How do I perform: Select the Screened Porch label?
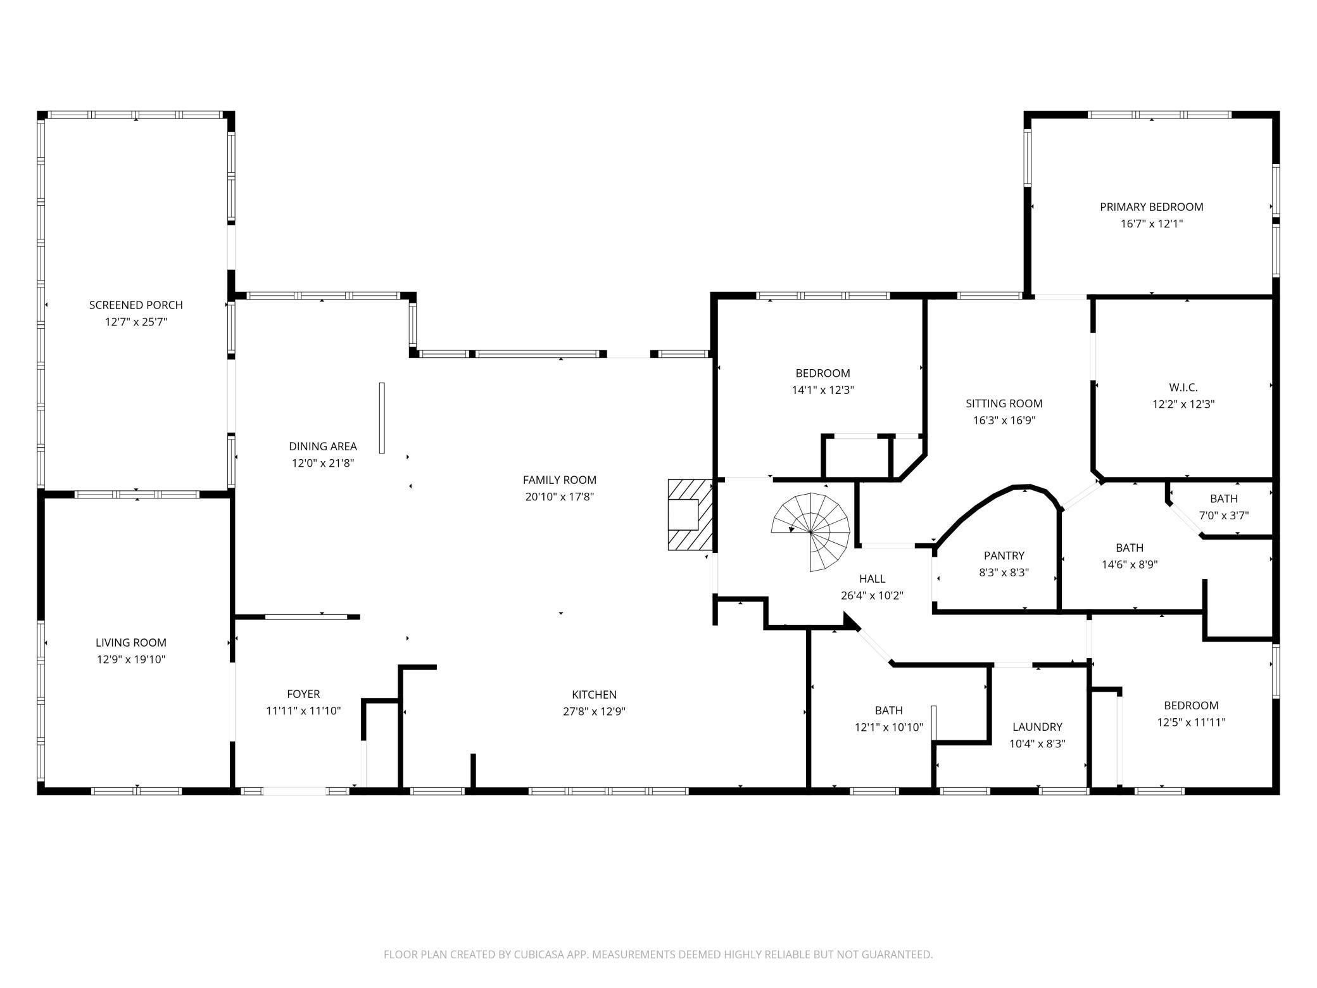pyautogui.click(x=135, y=305)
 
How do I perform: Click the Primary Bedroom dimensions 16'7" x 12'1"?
pyautogui.click(x=1151, y=224)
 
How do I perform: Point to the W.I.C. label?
pyautogui.click(x=1183, y=387)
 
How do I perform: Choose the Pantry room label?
pyautogui.click(x=1004, y=555)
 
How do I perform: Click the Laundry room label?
pyautogui.click(x=1037, y=726)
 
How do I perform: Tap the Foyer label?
pyautogui.click(x=303, y=693)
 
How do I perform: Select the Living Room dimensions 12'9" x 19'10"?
pyautogui.click(x=131, y=659)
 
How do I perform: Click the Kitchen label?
pyautogui.click(x=593, y=694)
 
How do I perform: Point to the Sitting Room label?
pyautogui.click(x=1004, y=403)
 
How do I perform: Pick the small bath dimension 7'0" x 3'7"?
pyautogui.click(x=1223, y=516)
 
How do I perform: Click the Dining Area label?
pyautogui.click(x=323, y=446)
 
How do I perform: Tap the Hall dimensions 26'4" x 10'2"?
pyautogui.click(x=871, y=595)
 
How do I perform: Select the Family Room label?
pyautogui.click(x=559, y=480)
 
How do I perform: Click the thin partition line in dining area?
pyautogui.click(x=382, y=417)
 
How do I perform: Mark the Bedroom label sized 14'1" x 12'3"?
pyautogui.click(x=822, y=373)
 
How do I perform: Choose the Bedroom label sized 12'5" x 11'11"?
pyautogui.click(x=1190, y=705)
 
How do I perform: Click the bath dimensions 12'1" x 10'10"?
pyautogui.click(x=888, y=728)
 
